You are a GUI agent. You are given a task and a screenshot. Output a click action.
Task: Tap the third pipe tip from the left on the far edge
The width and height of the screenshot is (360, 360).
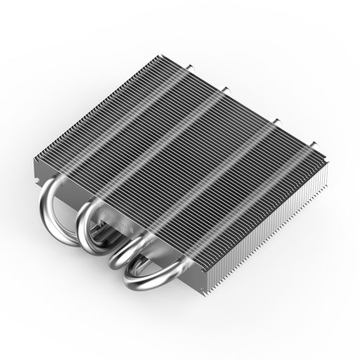coord(276,121)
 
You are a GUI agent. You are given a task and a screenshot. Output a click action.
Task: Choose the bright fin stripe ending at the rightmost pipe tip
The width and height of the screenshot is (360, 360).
coord(232,211)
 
